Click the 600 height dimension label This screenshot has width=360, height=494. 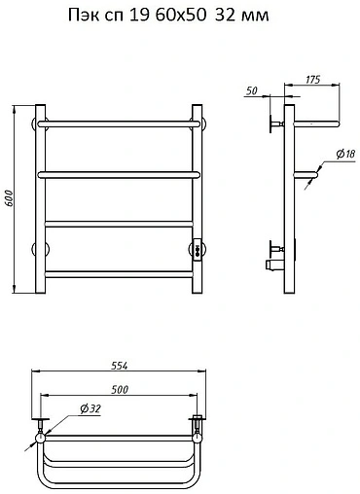click(9, 198)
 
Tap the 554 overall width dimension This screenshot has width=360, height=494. click(120, 366)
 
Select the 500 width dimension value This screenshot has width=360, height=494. click(120, 389)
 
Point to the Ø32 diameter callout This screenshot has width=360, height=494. click(90, 409)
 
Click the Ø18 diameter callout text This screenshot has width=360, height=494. click(345, 154)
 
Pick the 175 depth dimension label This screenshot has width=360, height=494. click(313, 80)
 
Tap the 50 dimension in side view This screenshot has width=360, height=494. click(251, 90)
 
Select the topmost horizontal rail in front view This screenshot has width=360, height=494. click(119, 123)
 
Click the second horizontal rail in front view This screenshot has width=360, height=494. click(119, 175)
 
